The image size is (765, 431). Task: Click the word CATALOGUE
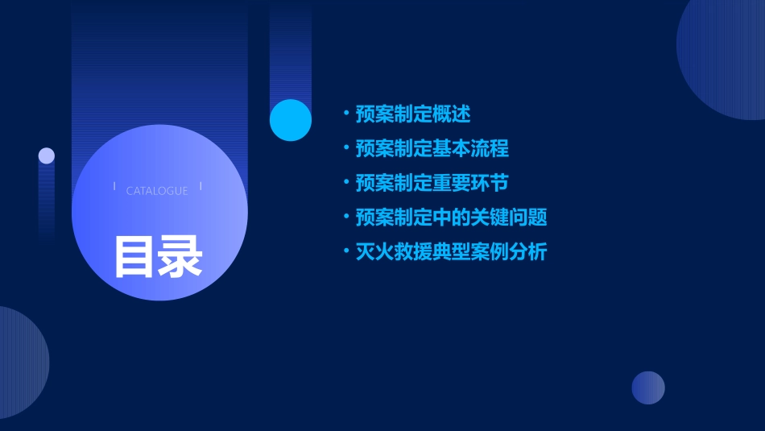pos(157,191)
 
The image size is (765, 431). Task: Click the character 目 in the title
pos(134,257)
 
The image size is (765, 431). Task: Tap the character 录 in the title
pos(180,257)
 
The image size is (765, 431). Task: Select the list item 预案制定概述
pos(413,114)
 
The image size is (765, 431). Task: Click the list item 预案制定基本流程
pos(432,149)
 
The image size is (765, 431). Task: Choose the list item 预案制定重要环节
pos(432,183)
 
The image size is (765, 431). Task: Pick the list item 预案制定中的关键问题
pos(451,218)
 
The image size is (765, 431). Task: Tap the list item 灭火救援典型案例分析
pos(451,252)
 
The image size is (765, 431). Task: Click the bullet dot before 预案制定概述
pos(345,114)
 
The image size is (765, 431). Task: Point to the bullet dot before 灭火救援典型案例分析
pos(345,252)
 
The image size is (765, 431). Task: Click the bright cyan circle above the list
pos(291,120)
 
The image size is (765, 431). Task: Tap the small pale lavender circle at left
pos(47,155)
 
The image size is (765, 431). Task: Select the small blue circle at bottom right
pos(648,387)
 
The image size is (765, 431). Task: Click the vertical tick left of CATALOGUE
pos(114,187)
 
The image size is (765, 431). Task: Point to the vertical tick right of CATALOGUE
pos(201,187)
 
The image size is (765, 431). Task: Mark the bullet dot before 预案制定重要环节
pos(345,183)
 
